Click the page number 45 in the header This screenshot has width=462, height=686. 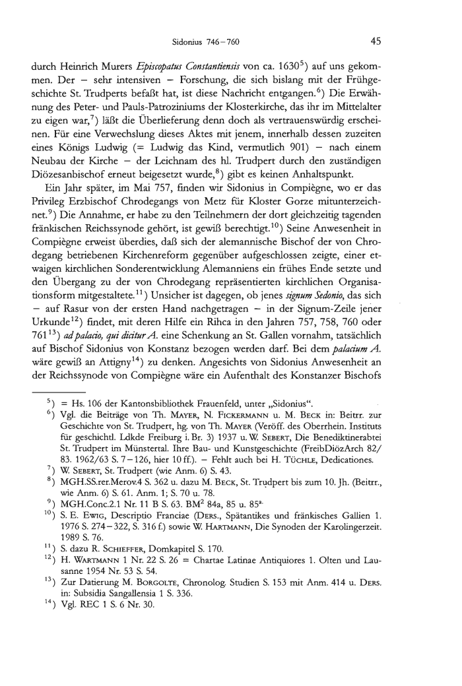(x=376, y=42)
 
